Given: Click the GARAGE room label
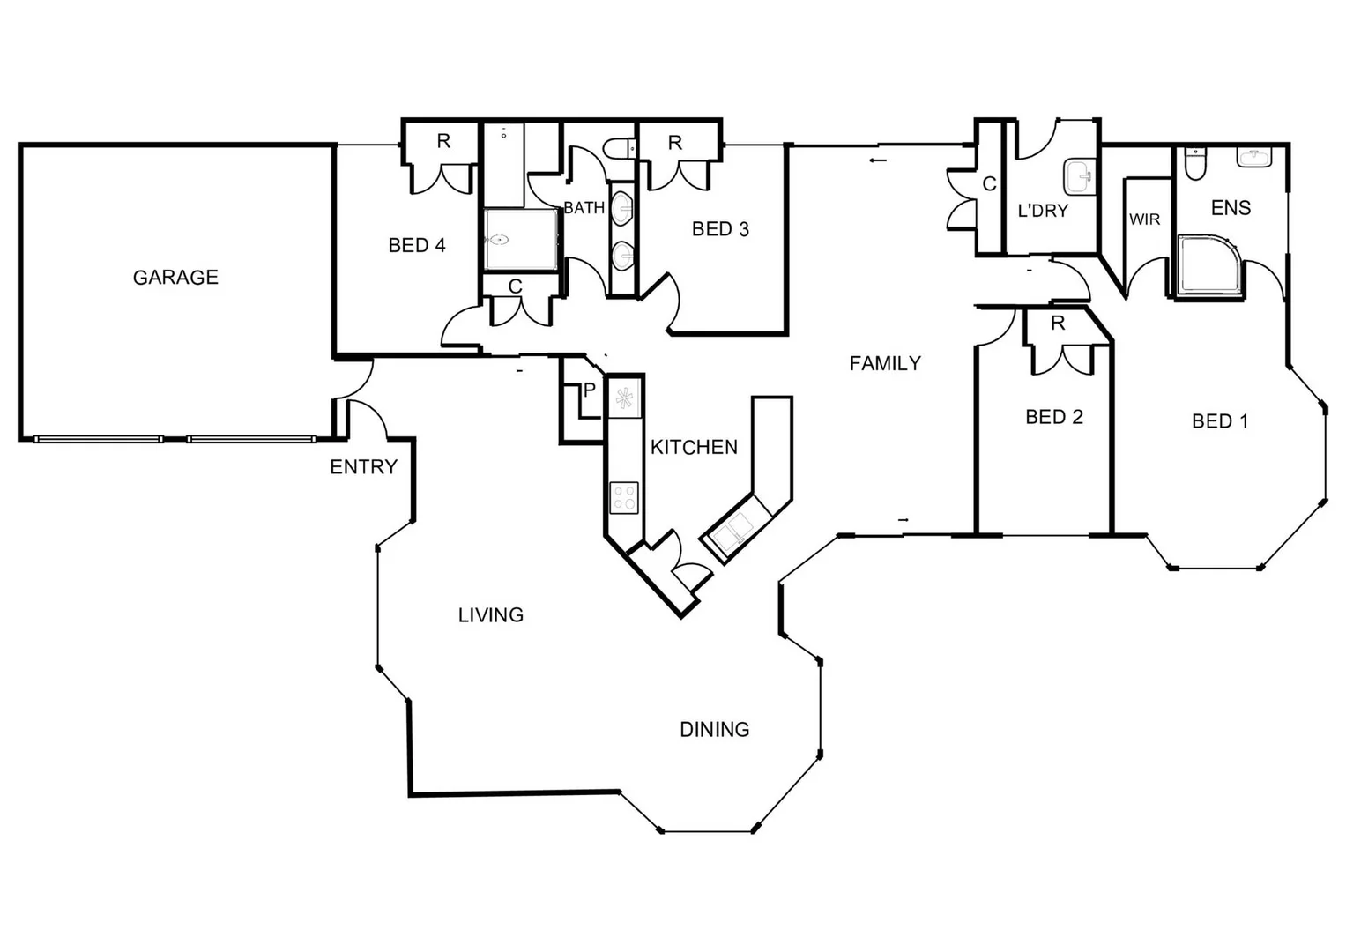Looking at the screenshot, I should point(175,278).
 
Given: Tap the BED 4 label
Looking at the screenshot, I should point(417,245).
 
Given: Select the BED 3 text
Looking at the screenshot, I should point(720,229).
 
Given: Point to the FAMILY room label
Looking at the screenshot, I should point(885,363).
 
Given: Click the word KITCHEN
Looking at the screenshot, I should point(694,447).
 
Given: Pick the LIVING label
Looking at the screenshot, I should point(491,615).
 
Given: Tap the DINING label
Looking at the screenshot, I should point(714,730).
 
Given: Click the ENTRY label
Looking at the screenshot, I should point(363,467).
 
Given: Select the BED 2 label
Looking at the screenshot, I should point(1054,417).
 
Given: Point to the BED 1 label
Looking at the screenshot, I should point(1220,421).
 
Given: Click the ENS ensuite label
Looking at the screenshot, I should point(1231,208).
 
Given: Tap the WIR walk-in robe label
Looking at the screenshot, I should point(1145,219).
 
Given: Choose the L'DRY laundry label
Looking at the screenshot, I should point(1043,212).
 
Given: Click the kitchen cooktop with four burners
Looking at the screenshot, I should point(624,497).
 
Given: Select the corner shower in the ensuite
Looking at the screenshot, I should point(1208,264).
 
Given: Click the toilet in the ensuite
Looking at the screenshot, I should point(1194,164).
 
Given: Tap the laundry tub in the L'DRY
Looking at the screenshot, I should point(1078,176).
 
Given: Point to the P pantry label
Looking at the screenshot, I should point(590,390).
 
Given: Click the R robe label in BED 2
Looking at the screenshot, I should point(1058,324).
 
